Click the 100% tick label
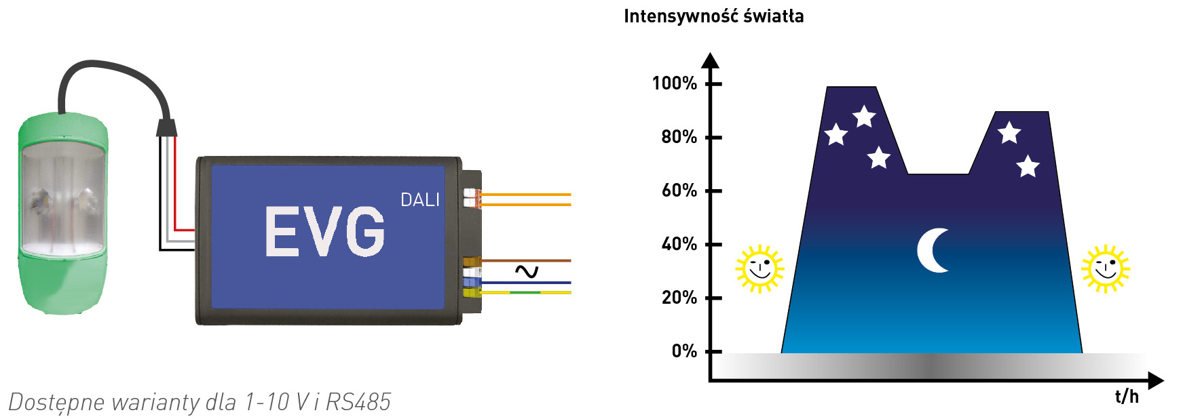674,83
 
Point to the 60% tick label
679,191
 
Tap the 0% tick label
684,351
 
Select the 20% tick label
679,298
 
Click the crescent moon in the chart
934,250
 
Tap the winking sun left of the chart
759,268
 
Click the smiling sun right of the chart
1105,268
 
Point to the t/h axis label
1127,397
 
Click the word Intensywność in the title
679,16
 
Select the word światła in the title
773,16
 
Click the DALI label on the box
419,200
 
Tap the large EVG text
324,232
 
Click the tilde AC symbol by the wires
526,272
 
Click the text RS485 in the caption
358,402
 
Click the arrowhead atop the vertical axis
710,60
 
